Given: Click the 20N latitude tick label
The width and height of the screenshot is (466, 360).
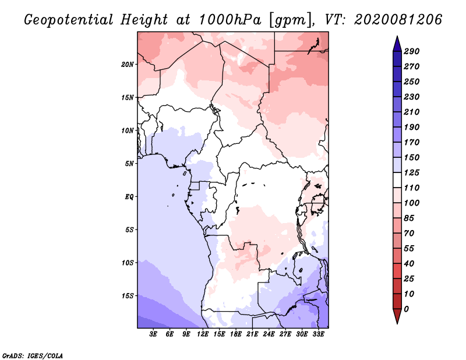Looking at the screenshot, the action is tap(128, 64).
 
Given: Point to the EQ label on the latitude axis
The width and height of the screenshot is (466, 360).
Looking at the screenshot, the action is tap(129, 196).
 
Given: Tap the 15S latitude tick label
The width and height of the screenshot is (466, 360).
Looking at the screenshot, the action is tap(128, 296).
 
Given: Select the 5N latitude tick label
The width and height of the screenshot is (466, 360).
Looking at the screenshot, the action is tap(129, 164).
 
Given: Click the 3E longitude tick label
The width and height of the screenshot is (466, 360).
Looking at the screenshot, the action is tap(153, 334).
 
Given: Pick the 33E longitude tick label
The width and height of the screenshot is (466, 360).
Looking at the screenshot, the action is tap(318, 334).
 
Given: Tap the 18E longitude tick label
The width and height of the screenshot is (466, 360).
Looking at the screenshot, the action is tap(236, 334).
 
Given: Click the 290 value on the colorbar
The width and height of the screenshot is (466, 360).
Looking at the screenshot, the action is tap(412, 51).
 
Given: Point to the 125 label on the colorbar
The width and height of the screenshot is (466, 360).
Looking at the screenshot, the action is tap(412, 172).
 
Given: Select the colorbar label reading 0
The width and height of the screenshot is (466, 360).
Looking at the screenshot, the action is tap(406, 309).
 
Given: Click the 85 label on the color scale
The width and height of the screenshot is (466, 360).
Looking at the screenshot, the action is tap(409, 218).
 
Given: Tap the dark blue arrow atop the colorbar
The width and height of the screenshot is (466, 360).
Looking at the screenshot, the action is tap(397, 44).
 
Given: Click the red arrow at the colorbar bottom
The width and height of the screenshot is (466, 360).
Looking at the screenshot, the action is tap(397, 316).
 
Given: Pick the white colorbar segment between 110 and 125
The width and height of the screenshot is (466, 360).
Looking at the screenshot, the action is tap(397, 180).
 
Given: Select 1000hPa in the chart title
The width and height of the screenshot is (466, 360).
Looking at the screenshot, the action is tap(230, 20).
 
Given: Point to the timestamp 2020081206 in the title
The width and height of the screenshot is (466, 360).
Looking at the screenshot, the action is tap(398, 20).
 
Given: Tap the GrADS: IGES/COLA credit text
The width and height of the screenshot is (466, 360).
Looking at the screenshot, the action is tap(33, 355).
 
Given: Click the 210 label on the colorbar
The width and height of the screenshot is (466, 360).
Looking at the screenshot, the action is tap(412, 112).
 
